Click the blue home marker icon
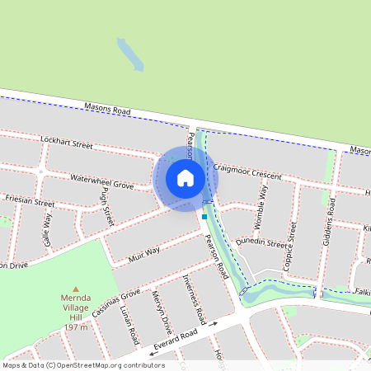click(185, 177)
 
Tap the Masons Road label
click(108, 109)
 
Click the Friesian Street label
click(30, 201)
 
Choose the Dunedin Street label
click(261, 242)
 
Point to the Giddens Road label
click(331, 217)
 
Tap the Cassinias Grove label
click(115, 306)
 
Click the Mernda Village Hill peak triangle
click(76, 289)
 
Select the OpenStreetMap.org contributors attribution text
click(109, 364)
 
